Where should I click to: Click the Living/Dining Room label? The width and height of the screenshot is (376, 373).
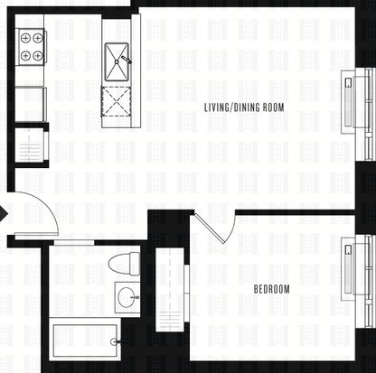tap(244, 107)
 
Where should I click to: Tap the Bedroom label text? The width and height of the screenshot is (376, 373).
tap(271, 289)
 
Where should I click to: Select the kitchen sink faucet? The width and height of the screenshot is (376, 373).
tap(127, 60)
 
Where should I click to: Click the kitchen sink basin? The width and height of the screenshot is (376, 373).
tap(117, 62)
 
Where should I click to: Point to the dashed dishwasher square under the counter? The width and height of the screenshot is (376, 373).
tap(117, 102)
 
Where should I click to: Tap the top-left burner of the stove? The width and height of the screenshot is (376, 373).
tap(26, 38)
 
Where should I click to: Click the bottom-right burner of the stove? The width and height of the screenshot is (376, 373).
tap(37, 56)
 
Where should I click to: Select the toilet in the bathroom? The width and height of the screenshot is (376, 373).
tap(124, 264)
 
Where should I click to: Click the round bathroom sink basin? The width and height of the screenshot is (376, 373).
tap(127, 297)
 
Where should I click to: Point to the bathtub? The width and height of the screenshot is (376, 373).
tap(85, 340)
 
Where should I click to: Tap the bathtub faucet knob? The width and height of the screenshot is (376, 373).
tap(114, 341)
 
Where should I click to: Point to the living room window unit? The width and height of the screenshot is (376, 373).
tap(357, 115)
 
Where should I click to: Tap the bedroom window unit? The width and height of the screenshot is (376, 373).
tap(357, 282)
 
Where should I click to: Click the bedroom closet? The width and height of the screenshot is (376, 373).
tap(170, 290)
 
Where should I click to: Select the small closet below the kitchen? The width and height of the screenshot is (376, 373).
tap(30, 145)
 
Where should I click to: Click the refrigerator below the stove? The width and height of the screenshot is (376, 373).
tap(30, 104)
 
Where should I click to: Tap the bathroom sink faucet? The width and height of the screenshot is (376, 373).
tap(136, 297)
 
